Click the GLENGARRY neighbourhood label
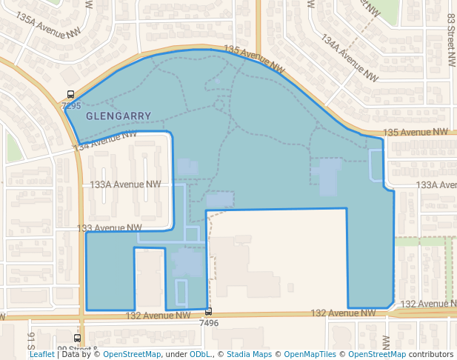(x=119, y=116)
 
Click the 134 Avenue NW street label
(x=107, y=141)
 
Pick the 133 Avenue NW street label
(x=110, y=228)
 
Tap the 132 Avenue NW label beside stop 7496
(x=158, y=315)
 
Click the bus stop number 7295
(x=71, y=107)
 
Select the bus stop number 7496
(x=209, y=323)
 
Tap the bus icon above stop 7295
(x=71, y=95)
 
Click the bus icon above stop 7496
(x=209, y=312)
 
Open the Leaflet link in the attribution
(x=42, y=354)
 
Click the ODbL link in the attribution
(x=200, y=354)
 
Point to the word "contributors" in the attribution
(x=430, y=354)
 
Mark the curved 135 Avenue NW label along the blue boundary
(x=254, y=59)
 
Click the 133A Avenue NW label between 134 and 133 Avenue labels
(x=125, y=184)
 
